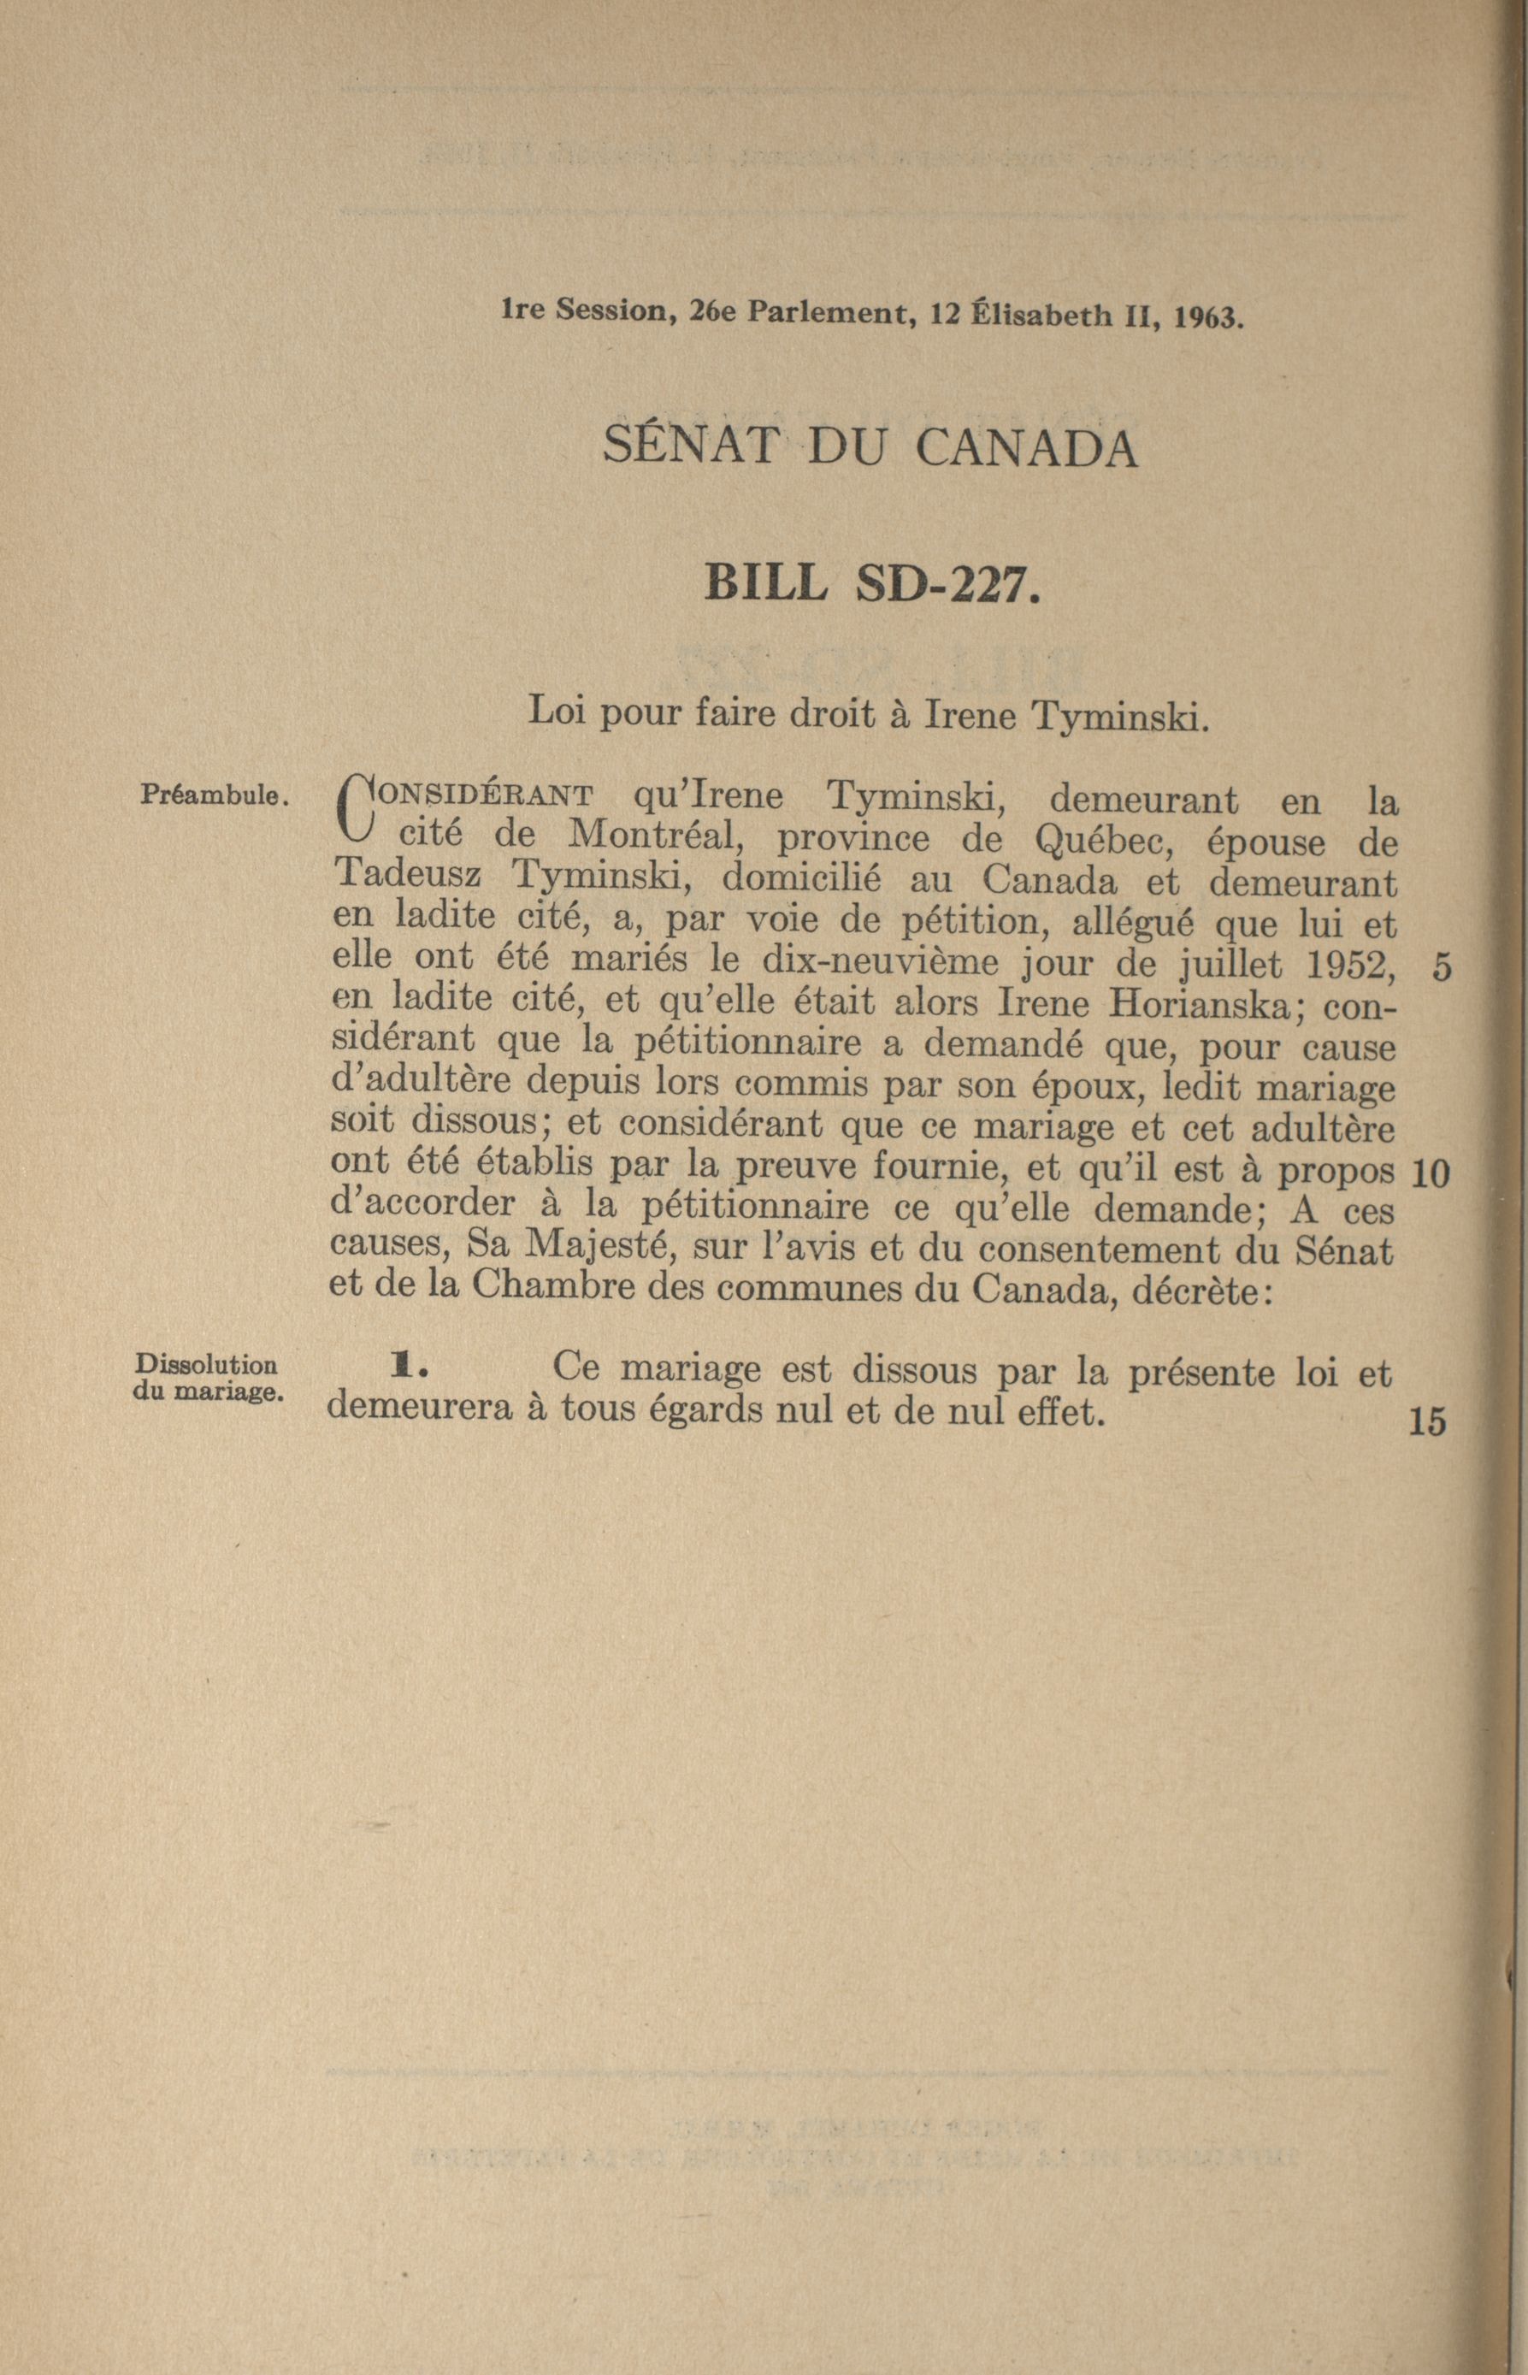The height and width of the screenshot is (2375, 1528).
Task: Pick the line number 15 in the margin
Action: [1428, 1422]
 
